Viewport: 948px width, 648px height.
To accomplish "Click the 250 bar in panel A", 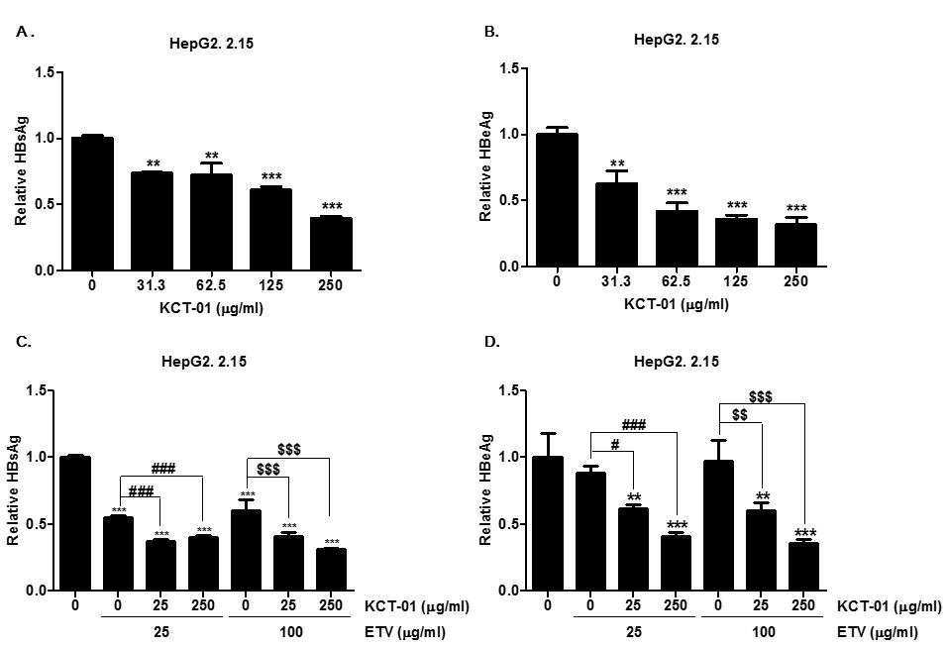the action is pos(331,244).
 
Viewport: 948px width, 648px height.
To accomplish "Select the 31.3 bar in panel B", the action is pos(616,224).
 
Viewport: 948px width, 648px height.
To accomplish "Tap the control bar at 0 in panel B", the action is pos(557,200).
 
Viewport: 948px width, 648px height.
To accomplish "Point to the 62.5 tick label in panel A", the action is pos(212,284).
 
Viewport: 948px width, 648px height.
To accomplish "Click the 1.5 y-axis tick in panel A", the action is pos(45,73).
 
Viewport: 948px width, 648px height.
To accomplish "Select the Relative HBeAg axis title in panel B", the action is pos(485,166).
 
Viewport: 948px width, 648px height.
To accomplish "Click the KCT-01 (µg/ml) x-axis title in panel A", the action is pos(212,308).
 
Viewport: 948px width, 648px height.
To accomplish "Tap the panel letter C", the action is pos(24,342).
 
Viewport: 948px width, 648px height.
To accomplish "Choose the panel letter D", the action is pos(492,342).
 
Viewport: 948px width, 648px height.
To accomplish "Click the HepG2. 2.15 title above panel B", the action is pos(677,40).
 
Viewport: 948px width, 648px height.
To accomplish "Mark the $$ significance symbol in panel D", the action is pos(739,415).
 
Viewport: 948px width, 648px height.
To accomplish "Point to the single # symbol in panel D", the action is pos(615,445).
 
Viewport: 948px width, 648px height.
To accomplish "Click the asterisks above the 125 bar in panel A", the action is pos(271,177).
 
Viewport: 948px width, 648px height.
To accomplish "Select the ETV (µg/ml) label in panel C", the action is pos(404,633).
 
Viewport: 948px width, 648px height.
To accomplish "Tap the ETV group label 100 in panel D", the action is pos(764,632).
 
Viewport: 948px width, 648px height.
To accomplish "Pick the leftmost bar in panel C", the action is pos(75,523).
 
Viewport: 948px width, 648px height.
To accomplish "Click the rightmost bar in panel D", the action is pos(803,566).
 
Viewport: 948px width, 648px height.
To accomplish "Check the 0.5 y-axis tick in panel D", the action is pos(512,524).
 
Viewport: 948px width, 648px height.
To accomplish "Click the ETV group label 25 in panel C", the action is pos(160,632).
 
